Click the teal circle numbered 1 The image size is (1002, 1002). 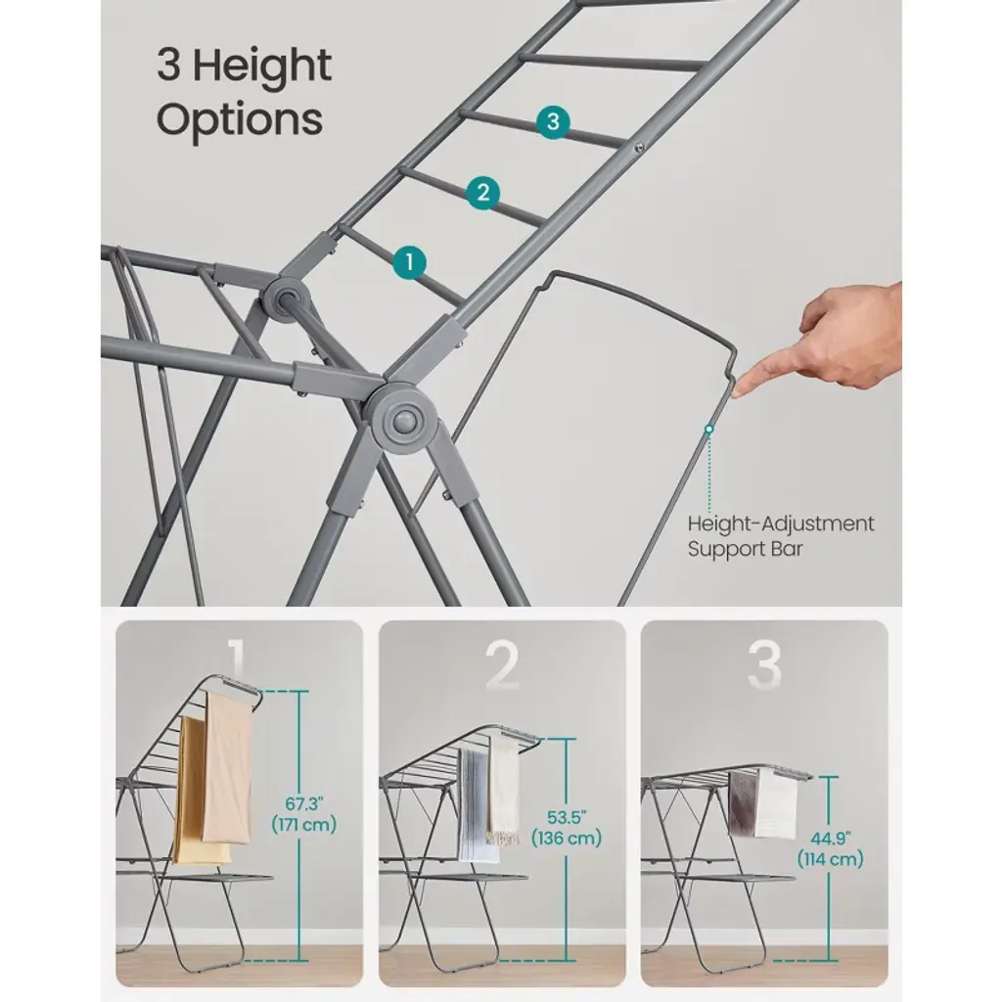click(409, 262)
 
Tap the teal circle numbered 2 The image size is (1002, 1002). click(483, 193)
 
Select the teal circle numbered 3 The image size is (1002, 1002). click(554, 121)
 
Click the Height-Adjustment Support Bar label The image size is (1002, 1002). click(780, 536)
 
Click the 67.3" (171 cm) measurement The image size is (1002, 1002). click(304, 813)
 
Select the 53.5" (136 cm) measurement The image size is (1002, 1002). click(567, 828)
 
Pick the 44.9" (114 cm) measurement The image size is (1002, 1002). click(830, 848)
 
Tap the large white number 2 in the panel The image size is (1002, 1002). click(502, 664)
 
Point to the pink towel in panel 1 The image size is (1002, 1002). click(227, 767)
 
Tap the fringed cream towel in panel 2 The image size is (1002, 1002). click(504, 791)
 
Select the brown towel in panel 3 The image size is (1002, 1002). click(743, 802)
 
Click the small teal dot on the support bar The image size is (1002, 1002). click(708, 430)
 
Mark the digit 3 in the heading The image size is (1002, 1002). click(168, 66)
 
